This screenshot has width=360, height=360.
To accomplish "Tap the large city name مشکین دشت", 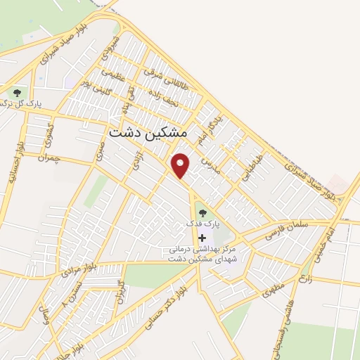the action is tap(148, 132).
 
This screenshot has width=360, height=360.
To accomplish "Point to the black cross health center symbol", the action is tap(202, 238).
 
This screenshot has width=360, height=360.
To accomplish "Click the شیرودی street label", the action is tap(108, 49).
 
